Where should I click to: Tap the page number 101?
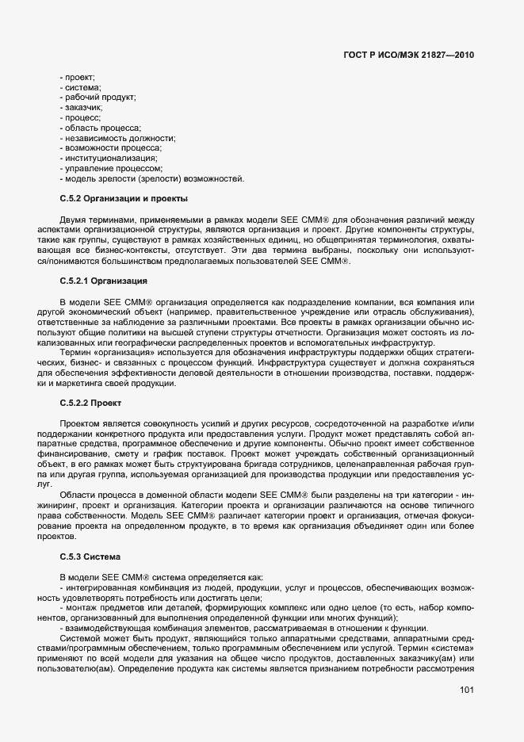click(466, 690)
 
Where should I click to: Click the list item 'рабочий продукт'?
click(100, 97)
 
